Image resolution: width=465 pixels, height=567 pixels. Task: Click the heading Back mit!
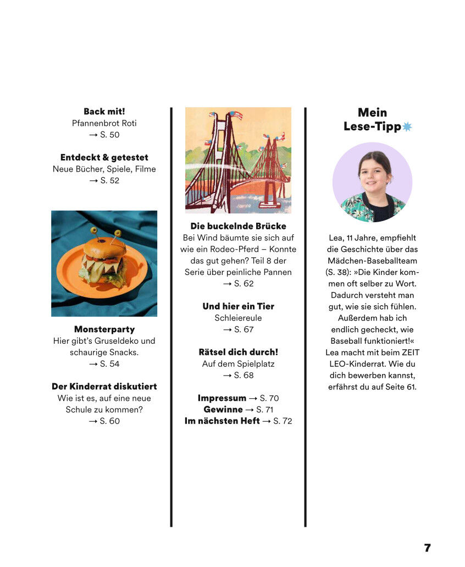tap(104, 112)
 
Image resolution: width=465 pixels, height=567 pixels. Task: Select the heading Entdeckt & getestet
tap(104, 157)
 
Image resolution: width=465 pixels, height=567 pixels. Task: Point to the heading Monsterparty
tap(104, 329)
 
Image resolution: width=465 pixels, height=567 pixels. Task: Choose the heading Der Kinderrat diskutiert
tap(104, 387)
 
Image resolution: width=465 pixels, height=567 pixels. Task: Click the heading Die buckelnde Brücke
tap(238, 226)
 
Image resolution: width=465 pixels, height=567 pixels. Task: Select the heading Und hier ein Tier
tap(238, 306)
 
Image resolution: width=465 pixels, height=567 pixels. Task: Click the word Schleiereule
tap(238, 318)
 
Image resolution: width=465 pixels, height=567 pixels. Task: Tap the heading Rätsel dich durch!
tap(238, 352)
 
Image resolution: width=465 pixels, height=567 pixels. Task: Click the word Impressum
tap(222, 398)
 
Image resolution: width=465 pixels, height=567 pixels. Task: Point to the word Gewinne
tap(223, 410)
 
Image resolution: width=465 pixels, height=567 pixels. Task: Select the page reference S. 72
tap(283, 421)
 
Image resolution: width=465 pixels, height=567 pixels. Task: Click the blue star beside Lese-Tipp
tap(407, 127)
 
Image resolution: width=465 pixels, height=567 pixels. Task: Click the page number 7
tap(427, 548)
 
